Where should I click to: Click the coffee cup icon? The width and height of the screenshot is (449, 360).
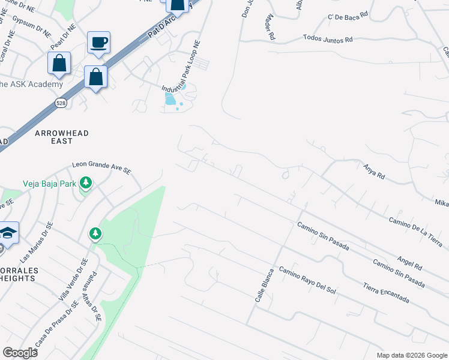[x=98, y=43]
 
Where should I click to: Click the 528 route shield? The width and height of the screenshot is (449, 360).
[x=62, y=103]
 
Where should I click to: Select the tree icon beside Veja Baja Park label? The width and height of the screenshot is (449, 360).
[x=86, y=182]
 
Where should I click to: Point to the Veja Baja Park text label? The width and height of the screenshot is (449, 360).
[x=50, y=184]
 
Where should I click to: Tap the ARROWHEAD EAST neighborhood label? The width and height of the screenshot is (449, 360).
[x=53, y=136]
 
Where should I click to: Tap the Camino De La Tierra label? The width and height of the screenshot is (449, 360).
[x=415, y=231]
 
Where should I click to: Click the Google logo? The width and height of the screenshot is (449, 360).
[x=20, y=353]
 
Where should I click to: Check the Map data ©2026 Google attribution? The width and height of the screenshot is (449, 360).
[x=412, y=355]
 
